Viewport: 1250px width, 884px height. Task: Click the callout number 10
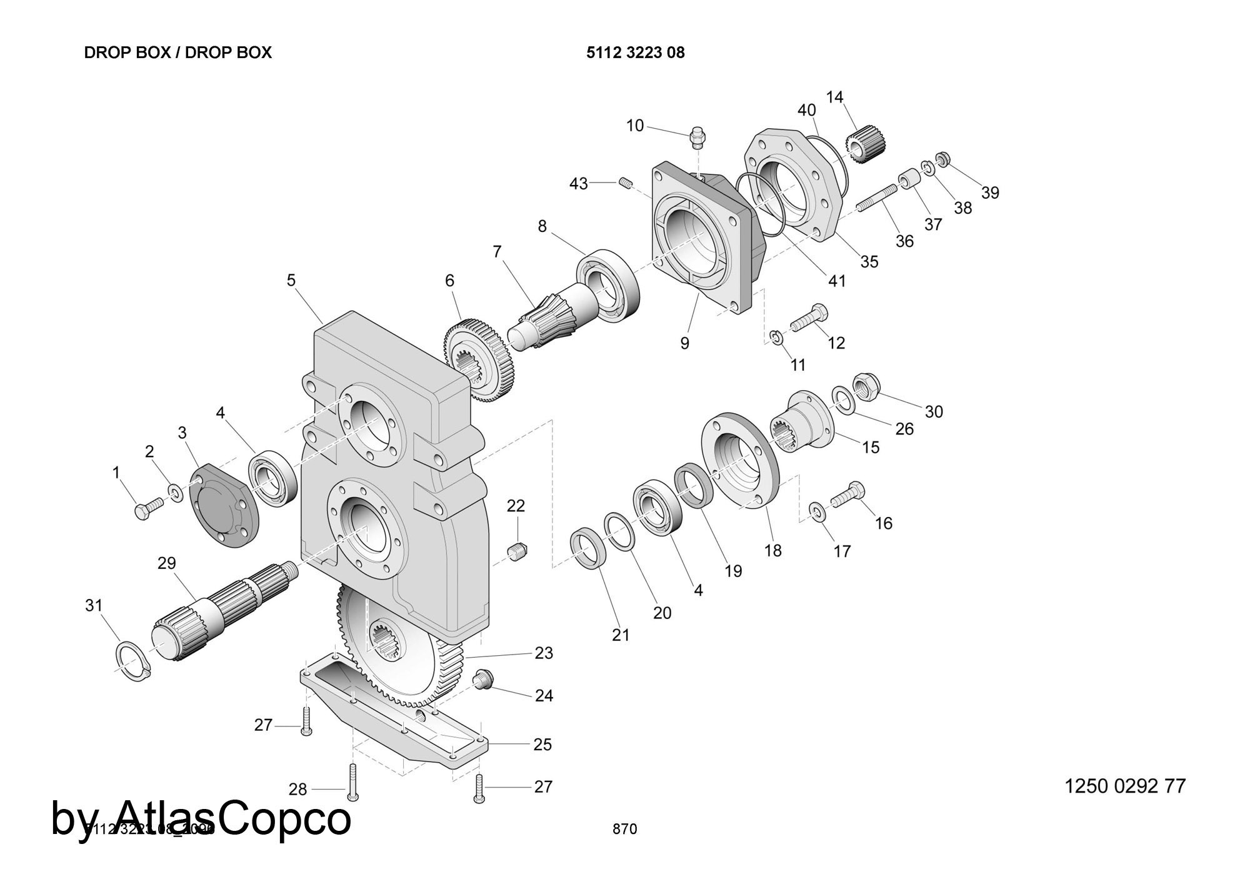click(634, 126)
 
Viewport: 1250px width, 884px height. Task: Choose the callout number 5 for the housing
click(291, 281)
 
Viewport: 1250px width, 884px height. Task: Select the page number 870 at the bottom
click(624, 829)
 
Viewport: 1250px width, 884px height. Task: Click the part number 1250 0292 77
click(1124, 786)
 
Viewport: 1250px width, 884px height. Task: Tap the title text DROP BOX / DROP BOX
click(178, 53)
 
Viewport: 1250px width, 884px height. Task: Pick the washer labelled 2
click(175, 493)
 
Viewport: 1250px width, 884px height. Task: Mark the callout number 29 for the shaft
click(167, 563)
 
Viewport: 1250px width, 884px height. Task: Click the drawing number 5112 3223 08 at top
click(635, 53)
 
